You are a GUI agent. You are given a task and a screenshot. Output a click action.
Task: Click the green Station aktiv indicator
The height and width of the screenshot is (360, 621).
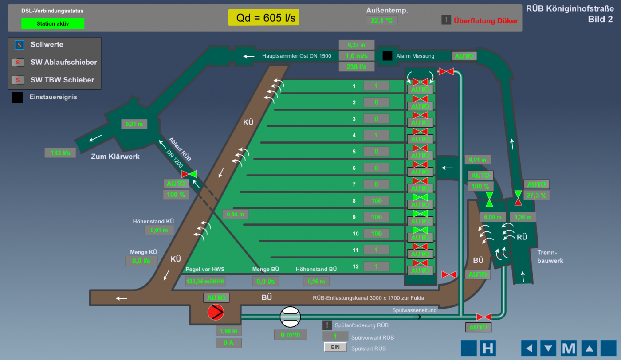(x=52, y=24)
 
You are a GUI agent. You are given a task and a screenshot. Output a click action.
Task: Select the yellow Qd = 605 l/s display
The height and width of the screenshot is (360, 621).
(x=263, y=18)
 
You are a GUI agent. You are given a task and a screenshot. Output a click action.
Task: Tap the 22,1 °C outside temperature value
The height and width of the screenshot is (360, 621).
(x=381, y=20)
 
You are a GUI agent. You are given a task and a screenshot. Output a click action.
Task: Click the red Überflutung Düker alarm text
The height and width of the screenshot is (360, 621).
(x=485, y=20)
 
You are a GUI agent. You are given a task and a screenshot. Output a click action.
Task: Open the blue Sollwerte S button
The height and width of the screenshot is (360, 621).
(x=19, y=45)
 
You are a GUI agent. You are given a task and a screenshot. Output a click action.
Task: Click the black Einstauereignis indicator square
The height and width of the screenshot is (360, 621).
(x=17, y=97)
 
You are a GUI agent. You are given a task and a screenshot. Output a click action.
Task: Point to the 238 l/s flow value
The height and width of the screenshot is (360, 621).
(x=357, y=67)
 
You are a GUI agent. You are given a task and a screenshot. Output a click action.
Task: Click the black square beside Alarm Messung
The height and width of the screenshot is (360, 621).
(x=387, y=56)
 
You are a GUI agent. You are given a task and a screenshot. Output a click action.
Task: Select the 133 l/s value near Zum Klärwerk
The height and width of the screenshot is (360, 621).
(x=60, y=153)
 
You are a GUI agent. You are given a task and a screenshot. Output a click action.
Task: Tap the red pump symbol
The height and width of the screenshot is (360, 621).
(x=216, y=313)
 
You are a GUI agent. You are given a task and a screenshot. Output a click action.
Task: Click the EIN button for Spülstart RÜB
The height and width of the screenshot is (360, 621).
(x=335, y=347)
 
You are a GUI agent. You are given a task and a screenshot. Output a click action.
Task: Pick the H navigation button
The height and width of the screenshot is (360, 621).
(x=487, y=348)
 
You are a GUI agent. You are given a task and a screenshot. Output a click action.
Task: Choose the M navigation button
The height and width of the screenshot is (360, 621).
(x=568, y=348)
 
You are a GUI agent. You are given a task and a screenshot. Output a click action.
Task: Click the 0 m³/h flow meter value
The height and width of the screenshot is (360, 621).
(x=291, y=335)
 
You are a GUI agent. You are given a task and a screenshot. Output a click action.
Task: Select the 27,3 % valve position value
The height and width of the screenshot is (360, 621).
(x=537, y=195)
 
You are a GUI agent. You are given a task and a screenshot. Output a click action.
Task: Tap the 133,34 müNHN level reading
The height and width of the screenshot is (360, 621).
(x=205, y=281)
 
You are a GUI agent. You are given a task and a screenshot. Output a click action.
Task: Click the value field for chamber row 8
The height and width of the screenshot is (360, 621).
(x=376, y=201)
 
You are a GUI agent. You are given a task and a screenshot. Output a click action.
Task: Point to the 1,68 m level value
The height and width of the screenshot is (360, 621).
(x=229, y=331)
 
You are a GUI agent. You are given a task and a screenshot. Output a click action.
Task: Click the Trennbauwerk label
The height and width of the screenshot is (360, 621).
(x=550, y=257)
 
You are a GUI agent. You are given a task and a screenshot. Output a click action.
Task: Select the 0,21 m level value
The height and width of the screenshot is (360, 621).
(x=134, y=124)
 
